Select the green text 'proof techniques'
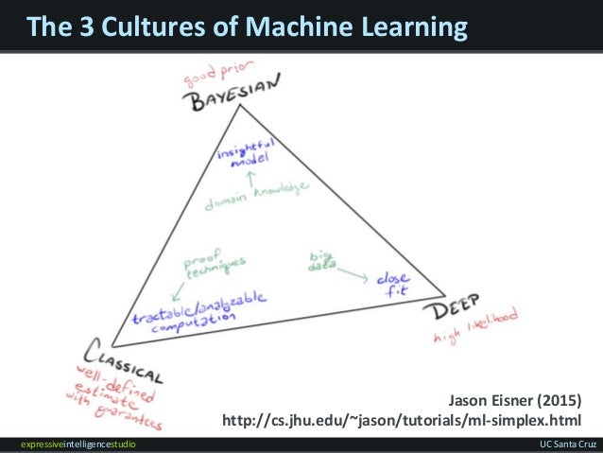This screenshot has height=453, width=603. pos(215,265)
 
